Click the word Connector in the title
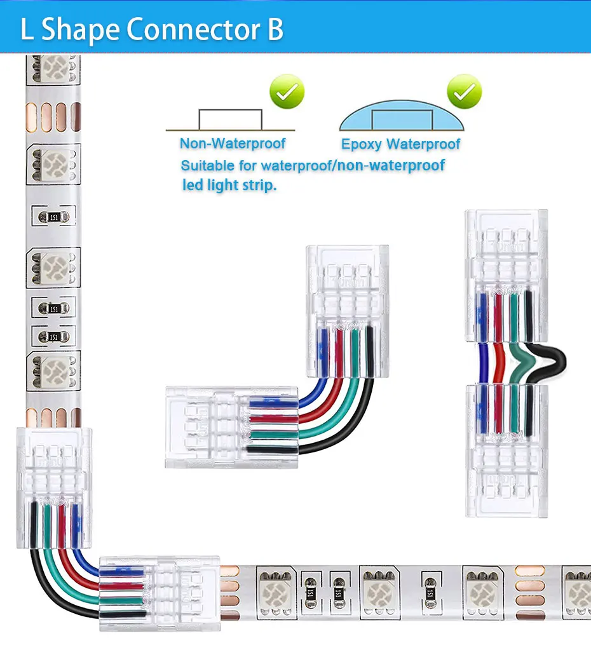194,30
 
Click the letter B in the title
275,30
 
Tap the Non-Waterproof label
233,144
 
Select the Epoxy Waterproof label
400,144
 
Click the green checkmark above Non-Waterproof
287,93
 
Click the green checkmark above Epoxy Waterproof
464,93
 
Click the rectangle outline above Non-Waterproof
230,119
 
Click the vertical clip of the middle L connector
347,286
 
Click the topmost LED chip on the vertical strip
55,65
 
